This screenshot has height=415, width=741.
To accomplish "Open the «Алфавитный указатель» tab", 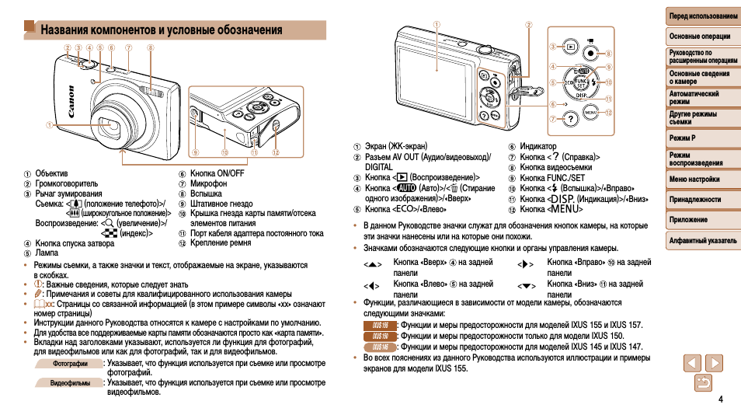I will [703, 241].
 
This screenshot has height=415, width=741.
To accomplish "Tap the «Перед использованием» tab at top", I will [703, 16].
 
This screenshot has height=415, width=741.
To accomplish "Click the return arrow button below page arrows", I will [703, 382].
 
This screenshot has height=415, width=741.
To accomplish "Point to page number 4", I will [721, 399].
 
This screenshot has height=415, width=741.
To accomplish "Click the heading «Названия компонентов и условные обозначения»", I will [162, 30].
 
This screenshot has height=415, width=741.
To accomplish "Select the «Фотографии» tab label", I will [69, 363].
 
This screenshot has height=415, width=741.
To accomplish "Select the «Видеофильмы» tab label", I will [70, 383].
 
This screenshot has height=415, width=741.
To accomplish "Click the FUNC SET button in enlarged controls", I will [580, 81].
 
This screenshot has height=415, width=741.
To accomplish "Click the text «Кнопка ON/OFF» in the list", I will [217, 173].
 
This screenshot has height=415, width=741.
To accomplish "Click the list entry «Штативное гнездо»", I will [221, 204].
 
